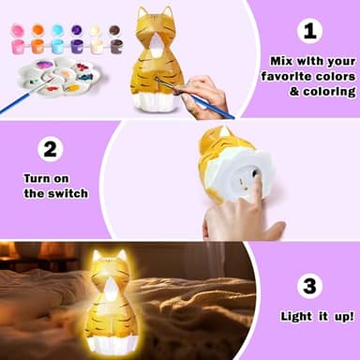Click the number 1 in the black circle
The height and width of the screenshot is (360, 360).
(310, 32)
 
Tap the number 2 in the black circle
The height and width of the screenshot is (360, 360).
(51, 149)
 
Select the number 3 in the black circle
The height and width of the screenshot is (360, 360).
(310, 286)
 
